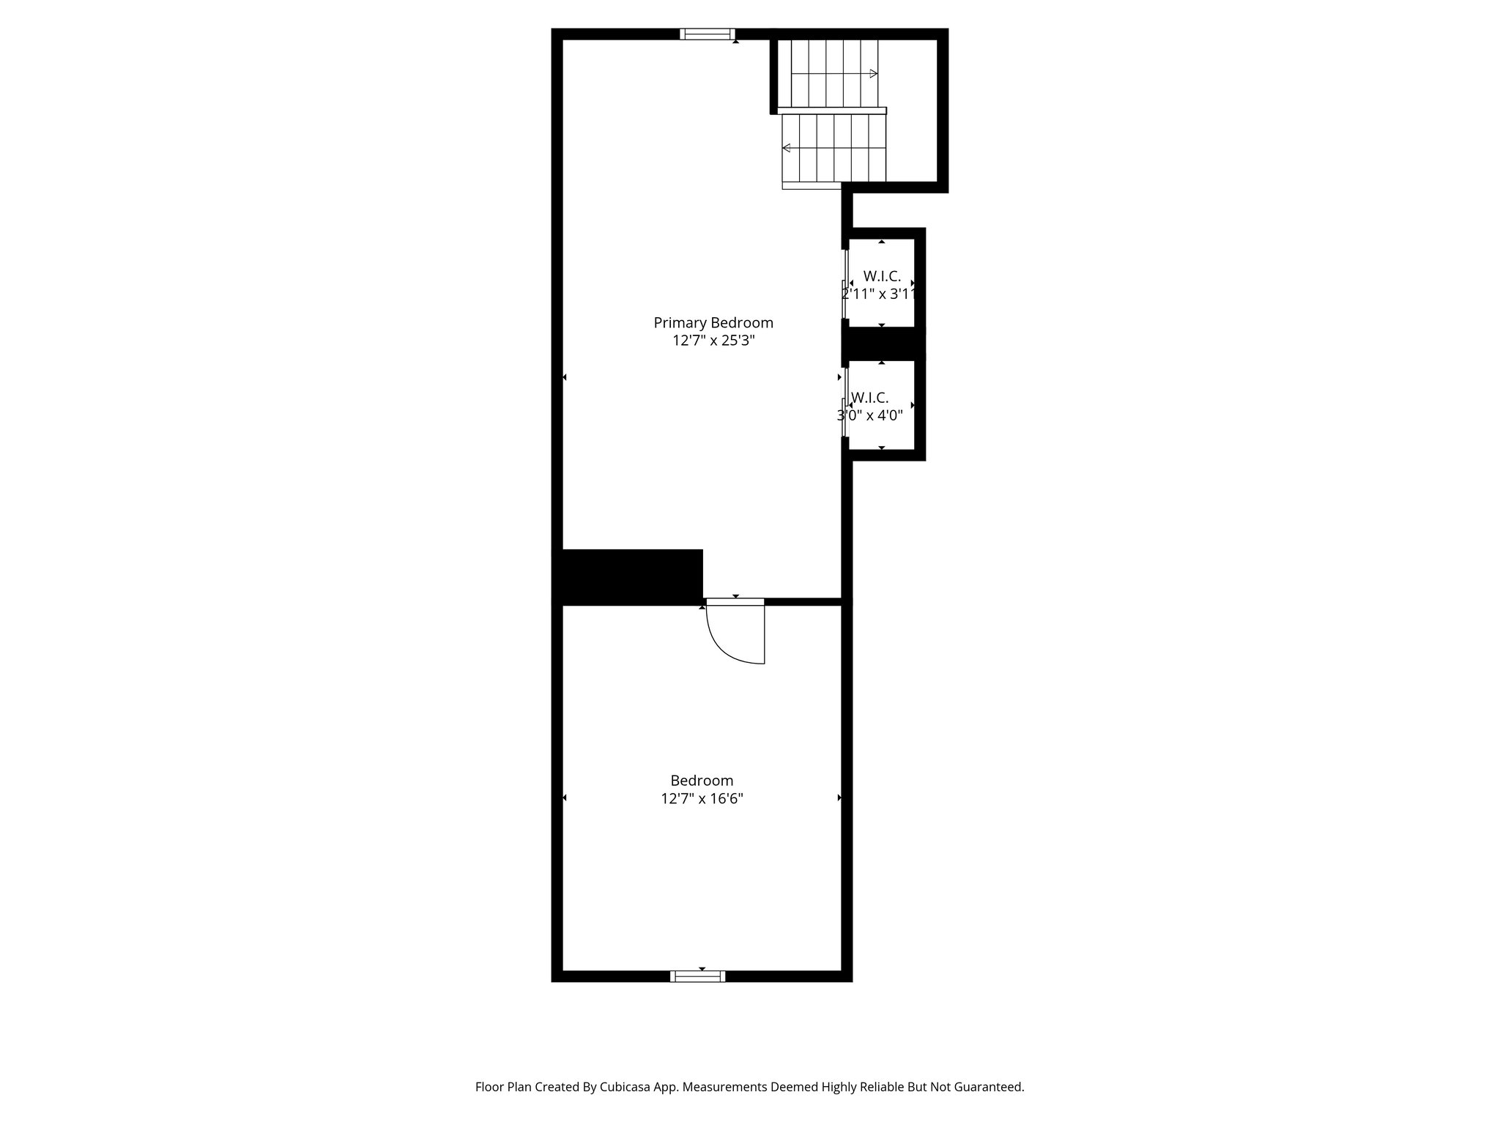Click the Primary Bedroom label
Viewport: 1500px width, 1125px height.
coord(713,323)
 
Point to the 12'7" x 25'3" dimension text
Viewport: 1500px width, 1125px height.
coord(713,341)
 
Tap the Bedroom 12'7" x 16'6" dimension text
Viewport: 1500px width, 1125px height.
coord(702,798)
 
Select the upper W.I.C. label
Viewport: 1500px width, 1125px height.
coord(882,276)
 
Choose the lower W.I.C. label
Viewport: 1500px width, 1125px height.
coord(870,398)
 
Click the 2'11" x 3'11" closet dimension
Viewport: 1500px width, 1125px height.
coord(879,294)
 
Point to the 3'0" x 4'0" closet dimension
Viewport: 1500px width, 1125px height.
coord(870,415)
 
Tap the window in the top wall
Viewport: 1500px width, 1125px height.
coord(707,34)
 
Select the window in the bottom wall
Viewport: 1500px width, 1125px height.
coord(697,976)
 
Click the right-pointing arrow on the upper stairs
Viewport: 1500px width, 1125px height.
coord(873,73)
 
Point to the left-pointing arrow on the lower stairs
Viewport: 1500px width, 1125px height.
coord(787,148)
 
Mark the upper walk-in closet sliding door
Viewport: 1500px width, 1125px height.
coord(845,284)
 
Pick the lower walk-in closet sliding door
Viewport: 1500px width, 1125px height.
coord(845,403)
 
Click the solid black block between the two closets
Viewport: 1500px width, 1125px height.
coord(883,343)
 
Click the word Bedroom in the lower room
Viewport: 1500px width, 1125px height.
coord(702,781)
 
